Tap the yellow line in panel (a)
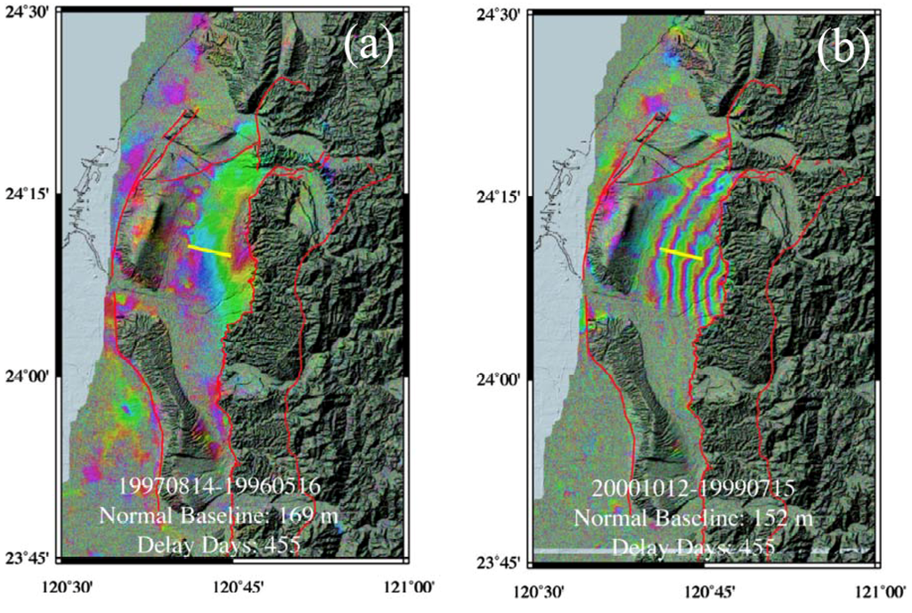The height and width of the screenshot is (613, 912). pos(209,250)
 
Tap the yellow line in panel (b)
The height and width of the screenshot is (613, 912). pos(681,253)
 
